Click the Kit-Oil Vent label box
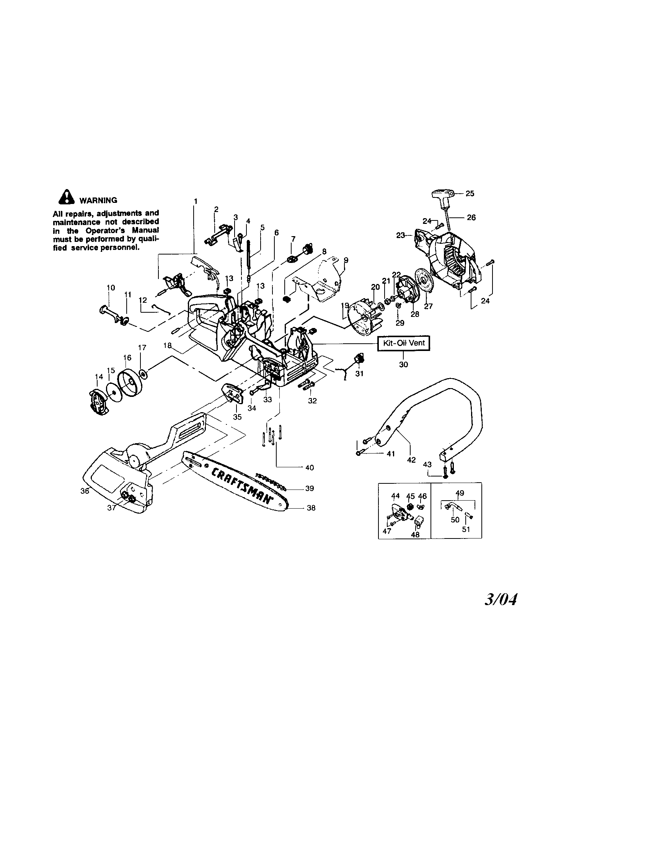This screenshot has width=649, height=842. coord(403,343)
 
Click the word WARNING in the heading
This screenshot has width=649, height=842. coord(98,200)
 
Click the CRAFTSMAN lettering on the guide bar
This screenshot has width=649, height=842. coord(239,484)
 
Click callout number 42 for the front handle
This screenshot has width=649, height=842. coord(411,460)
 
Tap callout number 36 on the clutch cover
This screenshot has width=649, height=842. coord(85,491)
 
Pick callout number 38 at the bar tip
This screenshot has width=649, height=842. coord(311,508)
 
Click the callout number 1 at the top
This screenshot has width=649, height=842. coord(196,201)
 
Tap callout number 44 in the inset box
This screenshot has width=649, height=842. coord(395,495)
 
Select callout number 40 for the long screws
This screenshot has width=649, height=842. coord(309,468)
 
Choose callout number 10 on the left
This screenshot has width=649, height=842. coord(111,287)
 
